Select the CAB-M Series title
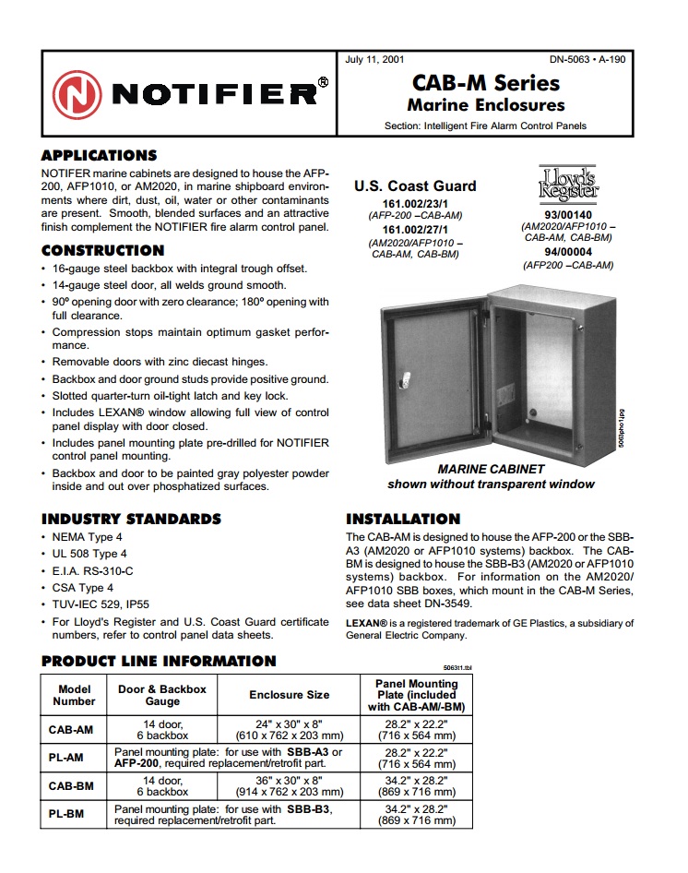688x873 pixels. pos(485,83)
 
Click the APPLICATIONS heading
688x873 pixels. pos(100,156)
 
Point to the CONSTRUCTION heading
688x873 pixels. pos(103,250)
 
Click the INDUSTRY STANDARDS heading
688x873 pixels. pos(132,519)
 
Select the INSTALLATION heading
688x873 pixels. pos(403,519)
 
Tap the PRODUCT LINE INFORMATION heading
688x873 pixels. pos(160,661)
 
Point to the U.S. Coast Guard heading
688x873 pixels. pos(415,185)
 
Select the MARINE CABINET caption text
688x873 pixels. pos(491,469)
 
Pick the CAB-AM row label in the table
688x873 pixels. pos(71,729)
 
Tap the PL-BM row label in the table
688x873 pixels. pos(71,815)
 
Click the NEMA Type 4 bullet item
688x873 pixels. pos(88,536)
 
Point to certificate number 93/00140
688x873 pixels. pos(568,214)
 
